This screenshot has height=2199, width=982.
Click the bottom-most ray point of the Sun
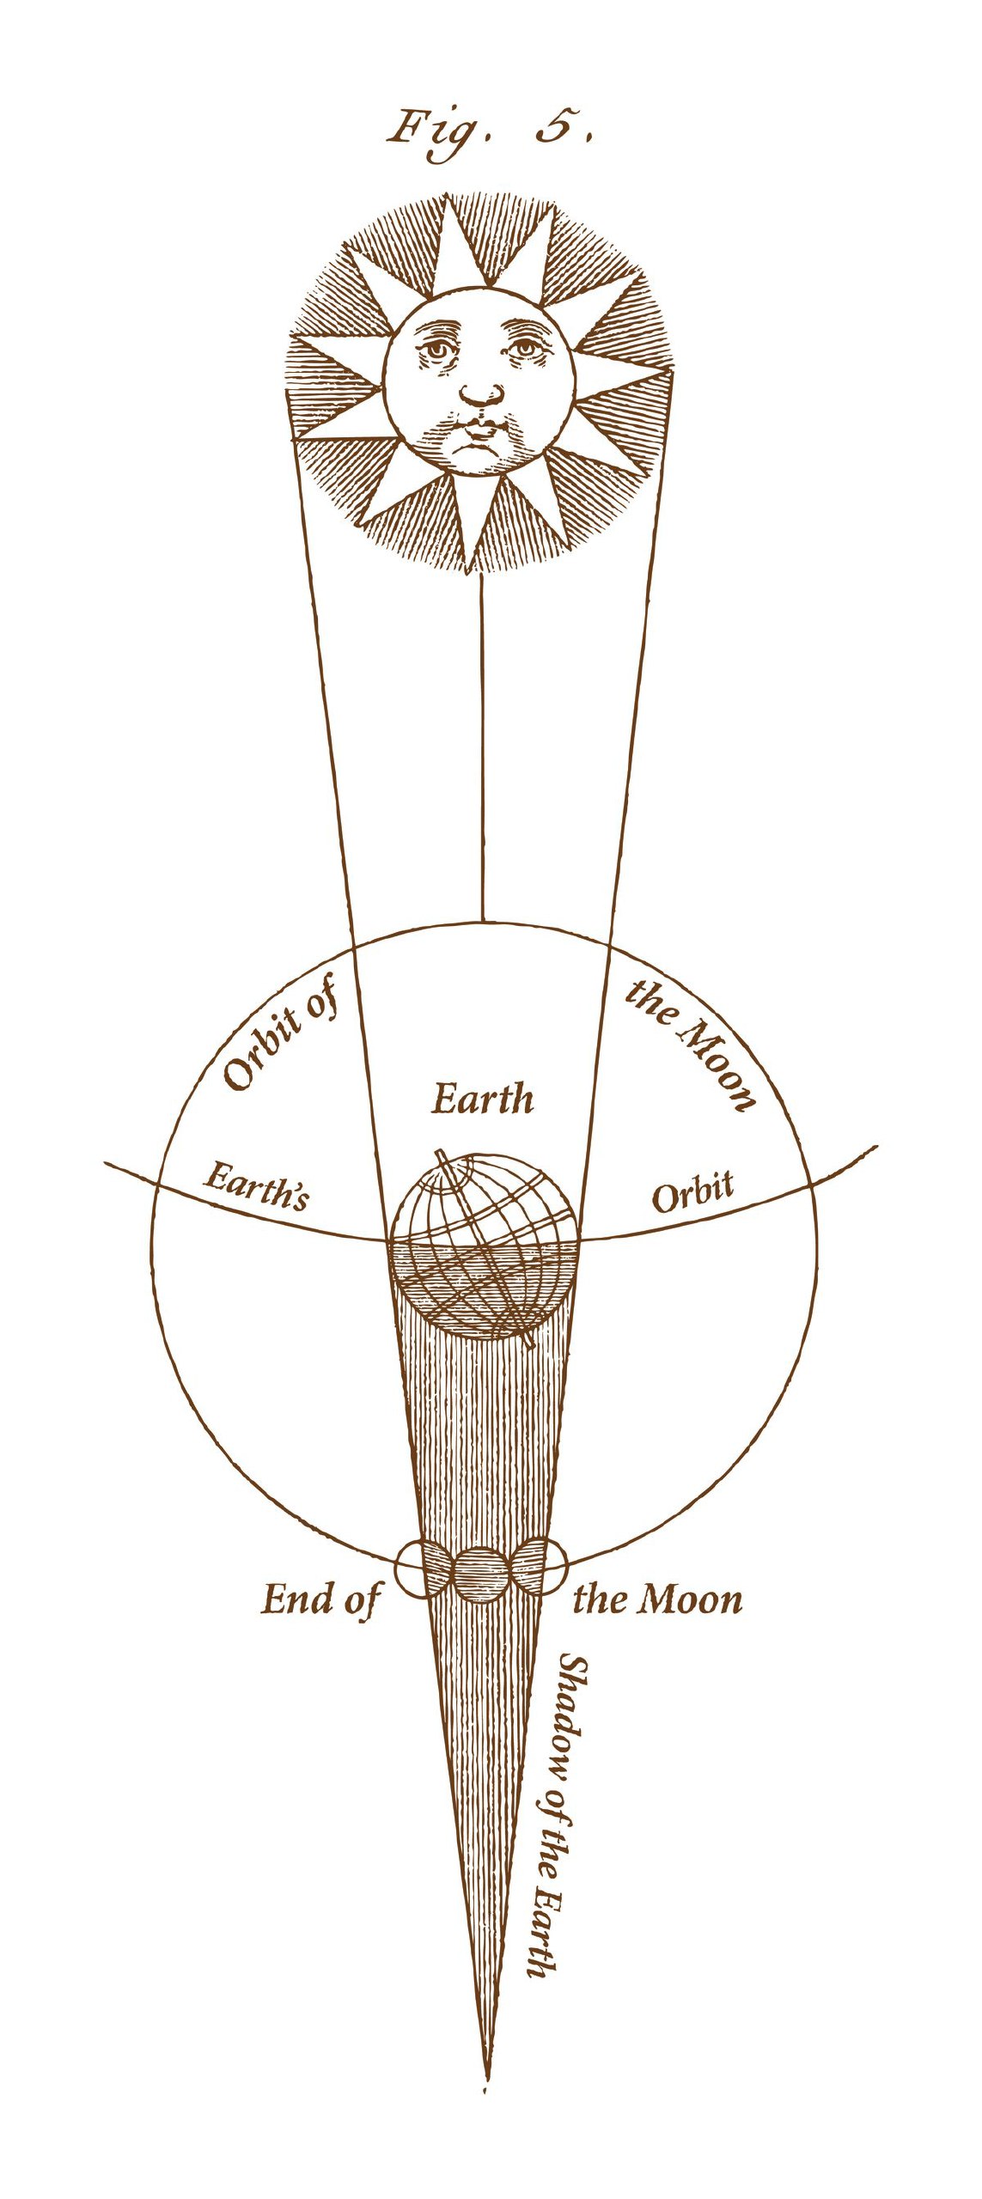[469, 568]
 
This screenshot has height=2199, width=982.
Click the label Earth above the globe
[482, 1099]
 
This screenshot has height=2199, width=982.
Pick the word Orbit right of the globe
[692, 1192]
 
